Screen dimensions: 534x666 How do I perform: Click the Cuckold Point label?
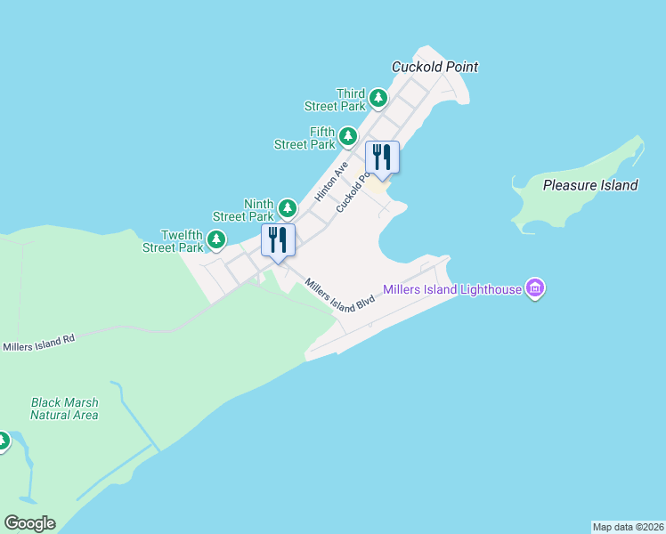pyautogui.click(x=435, y=67)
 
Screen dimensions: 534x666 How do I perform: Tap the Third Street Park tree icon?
pyautogui.click(x=378, y=97)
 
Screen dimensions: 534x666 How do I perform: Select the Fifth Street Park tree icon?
pyautogui.click(x=348, y=136)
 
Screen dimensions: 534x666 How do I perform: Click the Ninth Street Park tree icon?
pyautogui.click(x=287, y=208)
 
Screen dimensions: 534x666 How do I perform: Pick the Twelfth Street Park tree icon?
pyautogui.click(x=215, y=239)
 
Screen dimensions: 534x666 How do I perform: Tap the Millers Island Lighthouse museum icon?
pyautogui.click(x=534, y=288)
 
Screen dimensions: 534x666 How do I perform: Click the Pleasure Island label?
pyautogui.click(x=590, y=185)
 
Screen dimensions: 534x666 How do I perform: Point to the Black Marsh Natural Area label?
pyautogui.click(x=64, y=409)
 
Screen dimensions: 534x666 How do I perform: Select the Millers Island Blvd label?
pyautogui.click(x=340, y=295)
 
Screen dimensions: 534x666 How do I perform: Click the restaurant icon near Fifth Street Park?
pyautogui.click(x=382, y=158)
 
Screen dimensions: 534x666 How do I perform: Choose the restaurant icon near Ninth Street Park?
pyautogui.click(x=278, y=239)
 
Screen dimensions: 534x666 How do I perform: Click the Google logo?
pyautogui.click(x=29, y=523)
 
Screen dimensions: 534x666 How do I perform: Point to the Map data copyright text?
pyautogui.click(x=628, y=527)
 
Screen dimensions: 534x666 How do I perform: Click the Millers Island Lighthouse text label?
pyautogui.click(x=451, y=289)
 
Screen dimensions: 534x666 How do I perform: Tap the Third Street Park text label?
pyautogui.click(x=336, y=100)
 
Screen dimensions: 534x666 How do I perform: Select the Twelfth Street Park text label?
pyautogui.click(x=174, y=241)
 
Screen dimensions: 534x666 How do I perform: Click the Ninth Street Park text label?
pyautogui.click(x=243, y=210)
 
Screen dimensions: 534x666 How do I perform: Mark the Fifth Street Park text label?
pyautogui.click(x=305, y=138)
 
